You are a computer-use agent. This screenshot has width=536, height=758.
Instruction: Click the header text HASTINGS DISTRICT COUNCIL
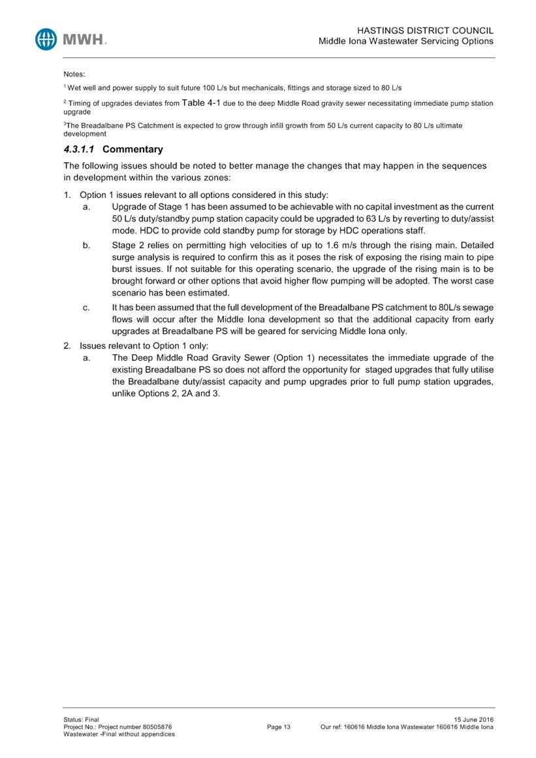click(426, 31)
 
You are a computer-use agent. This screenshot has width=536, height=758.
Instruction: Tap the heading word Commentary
click(133, 149)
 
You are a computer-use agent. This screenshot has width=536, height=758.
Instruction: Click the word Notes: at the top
click(74, 74)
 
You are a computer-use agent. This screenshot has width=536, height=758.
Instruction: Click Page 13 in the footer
click(279, 727)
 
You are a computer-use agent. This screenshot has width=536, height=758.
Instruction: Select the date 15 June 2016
click(473, 719)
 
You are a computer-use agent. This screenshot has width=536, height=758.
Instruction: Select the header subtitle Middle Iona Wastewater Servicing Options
click(405, 41)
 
